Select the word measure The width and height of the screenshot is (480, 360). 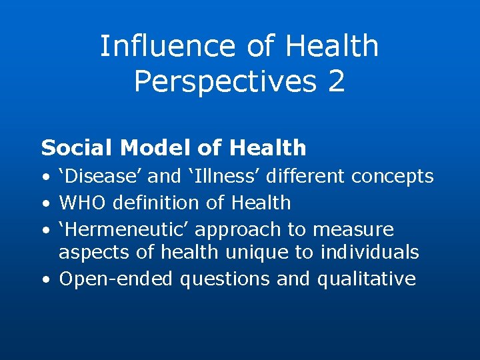(353, 230)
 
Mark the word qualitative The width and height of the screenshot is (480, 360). (366, 279)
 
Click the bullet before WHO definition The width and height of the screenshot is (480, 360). (44, 203)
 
